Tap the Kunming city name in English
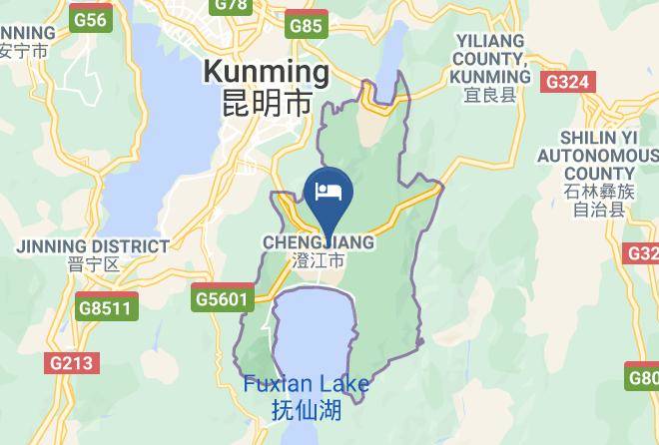click(x=266, y=72)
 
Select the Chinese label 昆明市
click(x=266, y=102)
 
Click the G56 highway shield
click(x=91, y=20)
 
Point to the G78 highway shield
click(x=231, y=5)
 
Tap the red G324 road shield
click(x=568, y=82)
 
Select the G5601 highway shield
click(x=220, y=298)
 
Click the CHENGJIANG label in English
click(x=319, y=242)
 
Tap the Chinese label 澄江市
click(x=319, y=261)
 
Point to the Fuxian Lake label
click(x=307, y=385)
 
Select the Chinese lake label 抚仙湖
click(x=307, y=409)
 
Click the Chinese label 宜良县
click(x=490, y=96)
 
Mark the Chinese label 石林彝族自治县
click(x=598, y=200)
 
